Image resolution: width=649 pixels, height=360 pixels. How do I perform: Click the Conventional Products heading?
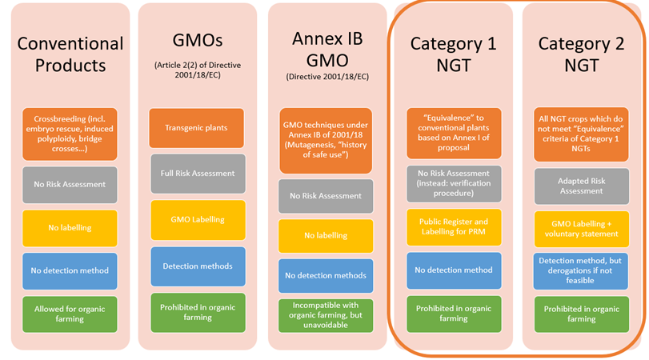[x=70, y=54]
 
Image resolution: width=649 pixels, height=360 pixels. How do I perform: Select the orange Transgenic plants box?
[x=197, y=128]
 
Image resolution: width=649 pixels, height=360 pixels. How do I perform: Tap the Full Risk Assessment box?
[x=197, y=173]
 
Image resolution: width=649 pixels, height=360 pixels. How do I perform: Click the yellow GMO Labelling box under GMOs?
[x=197, y=220]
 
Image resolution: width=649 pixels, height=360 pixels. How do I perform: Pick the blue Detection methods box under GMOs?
[x=197, y=266]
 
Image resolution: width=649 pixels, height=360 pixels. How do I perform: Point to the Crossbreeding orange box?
[x=70, y=133]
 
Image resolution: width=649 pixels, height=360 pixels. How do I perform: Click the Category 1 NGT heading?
[x=453, y=54]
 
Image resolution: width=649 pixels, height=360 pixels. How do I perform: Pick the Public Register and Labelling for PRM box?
[x=453, y=228]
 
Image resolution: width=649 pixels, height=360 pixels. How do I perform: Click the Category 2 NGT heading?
[x=581, y=54]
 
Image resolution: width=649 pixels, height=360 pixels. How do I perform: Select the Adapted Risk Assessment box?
[x=581, y=186]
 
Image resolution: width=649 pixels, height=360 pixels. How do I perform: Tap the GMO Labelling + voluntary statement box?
[x=581, y=228]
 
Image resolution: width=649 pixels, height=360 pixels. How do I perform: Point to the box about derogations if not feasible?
[x=581, y=270]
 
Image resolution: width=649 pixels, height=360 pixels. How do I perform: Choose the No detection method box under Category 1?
[x=453, y=270]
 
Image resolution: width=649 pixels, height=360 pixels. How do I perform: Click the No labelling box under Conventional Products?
[x=70, y=228]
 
